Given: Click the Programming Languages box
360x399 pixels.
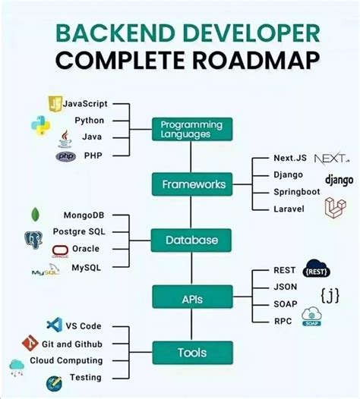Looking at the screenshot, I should [191, 129].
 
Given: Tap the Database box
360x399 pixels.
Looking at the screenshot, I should [191, 240].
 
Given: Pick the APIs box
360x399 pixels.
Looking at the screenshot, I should [191, 298].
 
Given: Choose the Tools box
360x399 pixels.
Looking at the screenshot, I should [191, 353].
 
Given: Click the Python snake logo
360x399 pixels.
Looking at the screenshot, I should [39, 124].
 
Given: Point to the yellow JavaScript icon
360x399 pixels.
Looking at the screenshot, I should [55, 103].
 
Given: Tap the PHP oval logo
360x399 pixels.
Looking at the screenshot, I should [66, 156].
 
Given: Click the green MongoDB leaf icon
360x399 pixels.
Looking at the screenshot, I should [35, 215].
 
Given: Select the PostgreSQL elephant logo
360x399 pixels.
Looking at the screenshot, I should [33, 240].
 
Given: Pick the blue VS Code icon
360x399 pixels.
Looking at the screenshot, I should [53, 326].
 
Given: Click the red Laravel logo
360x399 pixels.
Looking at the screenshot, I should [335, 208].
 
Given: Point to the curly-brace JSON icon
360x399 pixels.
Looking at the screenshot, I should [330, 293].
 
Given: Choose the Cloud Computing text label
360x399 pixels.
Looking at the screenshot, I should [66, 360].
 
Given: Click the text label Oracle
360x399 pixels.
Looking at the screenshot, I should [86, 249].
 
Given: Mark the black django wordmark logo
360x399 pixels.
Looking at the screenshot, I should [339, 180].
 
